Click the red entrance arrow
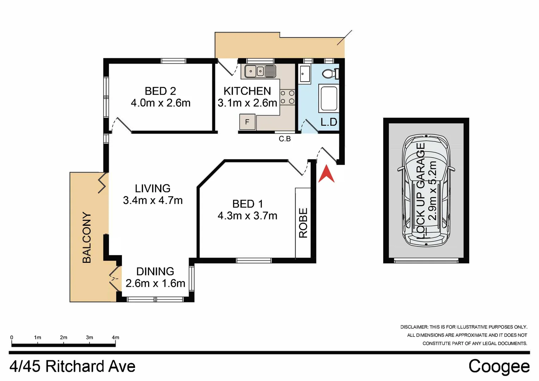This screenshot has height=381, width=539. coord(326,175)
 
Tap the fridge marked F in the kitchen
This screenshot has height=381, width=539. coord(247,122)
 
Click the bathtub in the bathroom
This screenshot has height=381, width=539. coord(328,98)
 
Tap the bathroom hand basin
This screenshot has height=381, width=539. coord(305,74)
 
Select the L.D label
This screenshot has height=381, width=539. coord(329,122)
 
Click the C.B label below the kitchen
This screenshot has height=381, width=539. coord(285,139)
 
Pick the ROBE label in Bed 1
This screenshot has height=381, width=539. coord(303,223)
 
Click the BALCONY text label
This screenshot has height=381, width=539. coord(87,237)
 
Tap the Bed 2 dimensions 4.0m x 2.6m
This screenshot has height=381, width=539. coord(160,103)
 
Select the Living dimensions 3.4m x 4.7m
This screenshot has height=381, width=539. coord(153,200)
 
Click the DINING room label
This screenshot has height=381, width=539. coord(155,271)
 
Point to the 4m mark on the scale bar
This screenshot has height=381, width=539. coord(115,338)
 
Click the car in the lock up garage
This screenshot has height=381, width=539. coord(426,190)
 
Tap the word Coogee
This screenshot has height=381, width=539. coord(499,366)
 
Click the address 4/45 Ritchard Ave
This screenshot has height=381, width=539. coord(72,367)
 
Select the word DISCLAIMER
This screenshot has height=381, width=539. coord(414,327)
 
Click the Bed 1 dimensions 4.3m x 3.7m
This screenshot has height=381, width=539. coord(247,216)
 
